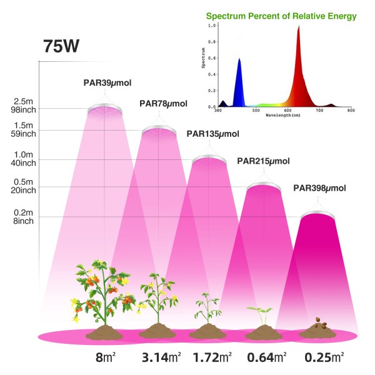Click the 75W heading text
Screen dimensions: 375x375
pos(61,47)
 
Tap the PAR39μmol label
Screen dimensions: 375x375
pos(107,82)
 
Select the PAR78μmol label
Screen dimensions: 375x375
pos(163,104)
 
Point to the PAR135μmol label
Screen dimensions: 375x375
pos(212,133)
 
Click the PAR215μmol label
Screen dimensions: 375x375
pos(263,161)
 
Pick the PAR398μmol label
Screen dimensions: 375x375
pos(319,187)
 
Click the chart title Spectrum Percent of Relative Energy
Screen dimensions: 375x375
pos(284,15)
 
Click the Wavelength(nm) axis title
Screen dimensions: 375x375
pos(284,116)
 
